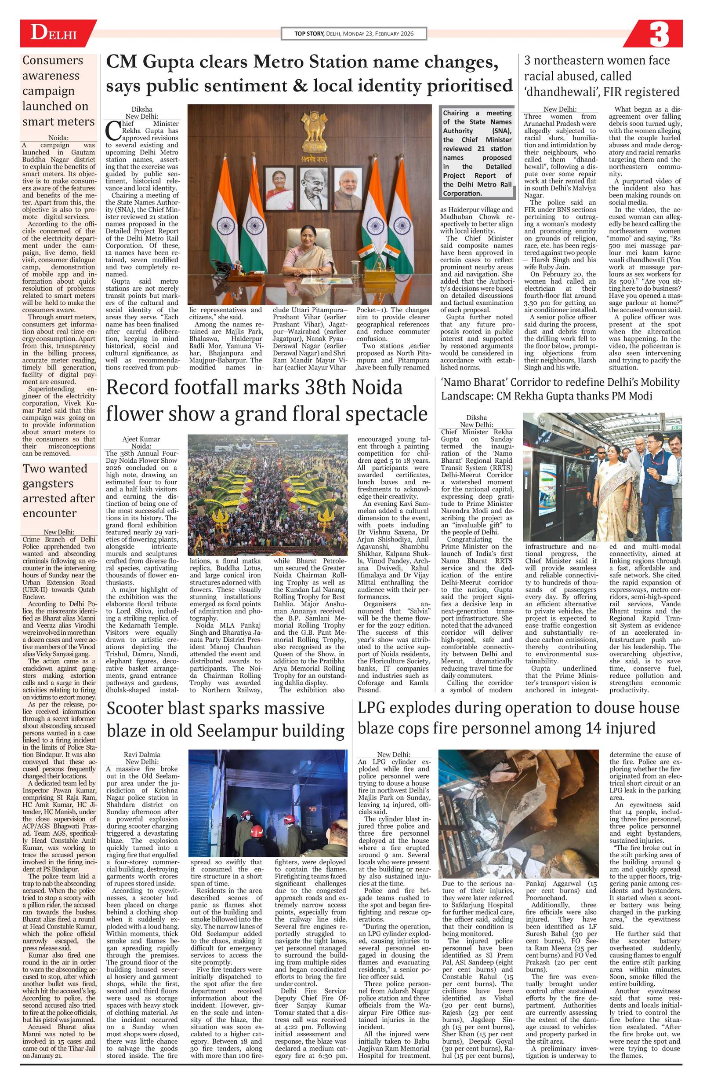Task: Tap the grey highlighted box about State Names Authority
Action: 477,153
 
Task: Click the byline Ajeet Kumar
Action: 142,439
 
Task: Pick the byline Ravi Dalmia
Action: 142,754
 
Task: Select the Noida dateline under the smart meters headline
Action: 59,138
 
